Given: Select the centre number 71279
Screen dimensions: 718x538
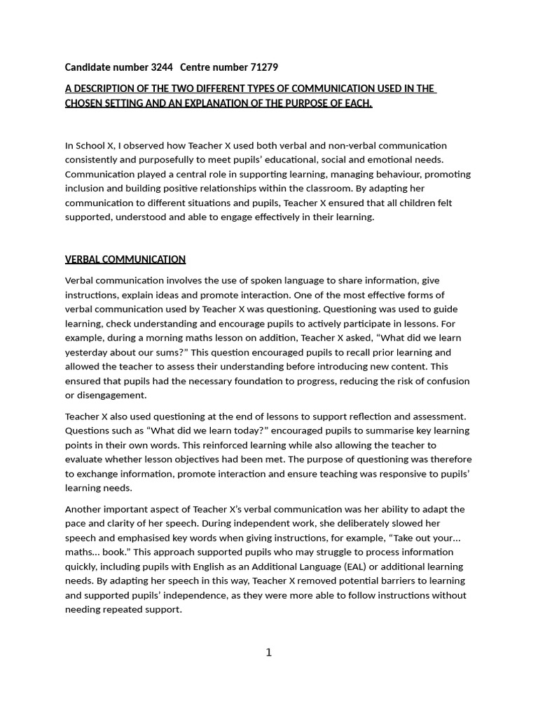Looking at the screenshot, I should coord(264,67).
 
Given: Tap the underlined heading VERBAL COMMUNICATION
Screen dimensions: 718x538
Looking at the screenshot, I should coord(125,259).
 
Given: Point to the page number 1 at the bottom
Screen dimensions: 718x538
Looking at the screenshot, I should coord(268,653).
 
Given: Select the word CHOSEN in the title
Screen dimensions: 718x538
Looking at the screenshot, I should coord(85,103).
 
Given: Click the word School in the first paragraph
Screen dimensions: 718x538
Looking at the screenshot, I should coord(90,146).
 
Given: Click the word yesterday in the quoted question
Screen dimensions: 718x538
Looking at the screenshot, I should coord(88,353).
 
